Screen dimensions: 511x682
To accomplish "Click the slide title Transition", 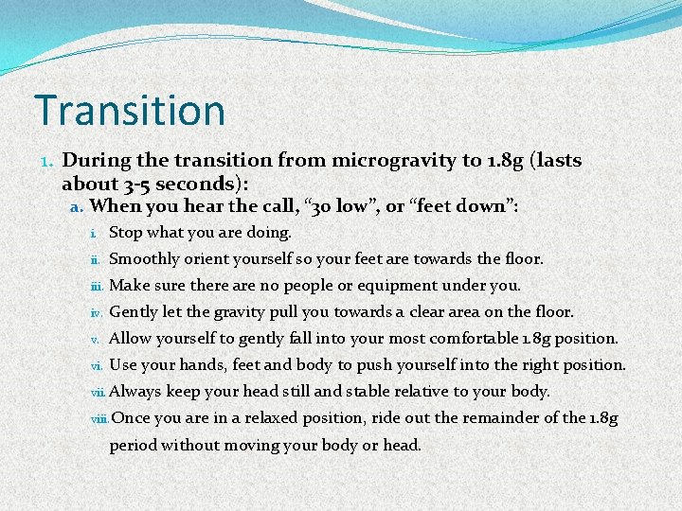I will [x=130, y=110].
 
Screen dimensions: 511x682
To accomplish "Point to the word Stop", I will [x=126, y=232].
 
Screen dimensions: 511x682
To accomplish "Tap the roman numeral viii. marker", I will [x=99, y=418].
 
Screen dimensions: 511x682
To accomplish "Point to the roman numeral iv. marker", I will [x=97, y=312].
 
